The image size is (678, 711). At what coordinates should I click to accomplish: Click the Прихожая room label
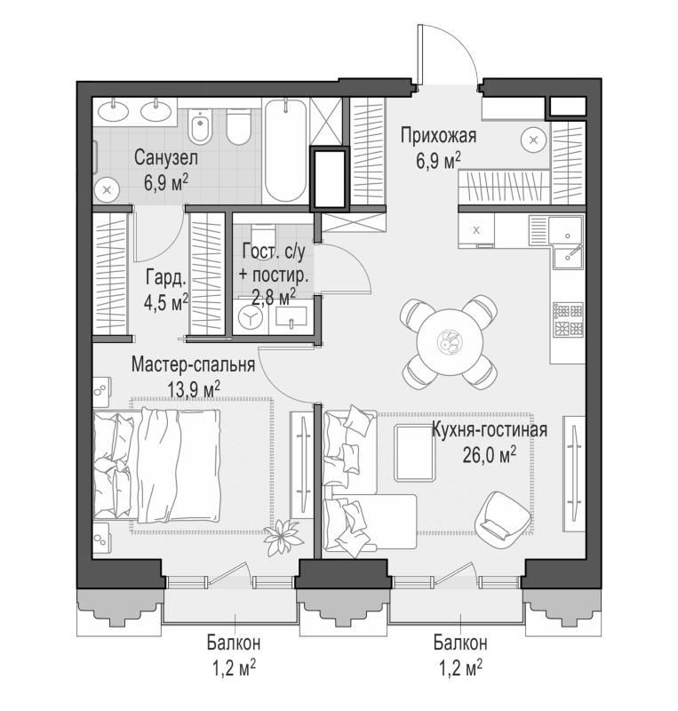click(x=438, y=135)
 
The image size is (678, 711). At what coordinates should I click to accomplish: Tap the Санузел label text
click(x=165, y=158)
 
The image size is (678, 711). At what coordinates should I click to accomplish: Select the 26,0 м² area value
click(x=489, y=455)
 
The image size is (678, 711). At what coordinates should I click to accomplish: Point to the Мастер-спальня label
click(x=193, y=364)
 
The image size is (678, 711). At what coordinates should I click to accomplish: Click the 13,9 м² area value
click(x=194, y=388)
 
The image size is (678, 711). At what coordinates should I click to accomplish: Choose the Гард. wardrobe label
click(x=166, y=278)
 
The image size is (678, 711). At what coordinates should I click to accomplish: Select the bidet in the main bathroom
click(x=200, y=125)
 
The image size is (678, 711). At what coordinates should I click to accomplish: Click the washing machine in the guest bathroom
click(x=251, y=318)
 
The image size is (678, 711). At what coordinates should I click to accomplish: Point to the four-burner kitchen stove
click(x=567, y=320)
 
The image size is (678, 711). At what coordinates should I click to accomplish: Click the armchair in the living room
click(x=502, y=516)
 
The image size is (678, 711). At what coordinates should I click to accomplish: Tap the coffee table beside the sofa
click(x=414, y=452)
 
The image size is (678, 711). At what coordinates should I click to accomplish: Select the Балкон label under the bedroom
click(x=234, y=643)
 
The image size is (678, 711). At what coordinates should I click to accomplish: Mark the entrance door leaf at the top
click(x=420, y=54)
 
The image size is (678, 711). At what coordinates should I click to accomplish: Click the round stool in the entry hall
click(x=534, y=140)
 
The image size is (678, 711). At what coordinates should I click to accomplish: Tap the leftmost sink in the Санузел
click(x=113, y=110)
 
